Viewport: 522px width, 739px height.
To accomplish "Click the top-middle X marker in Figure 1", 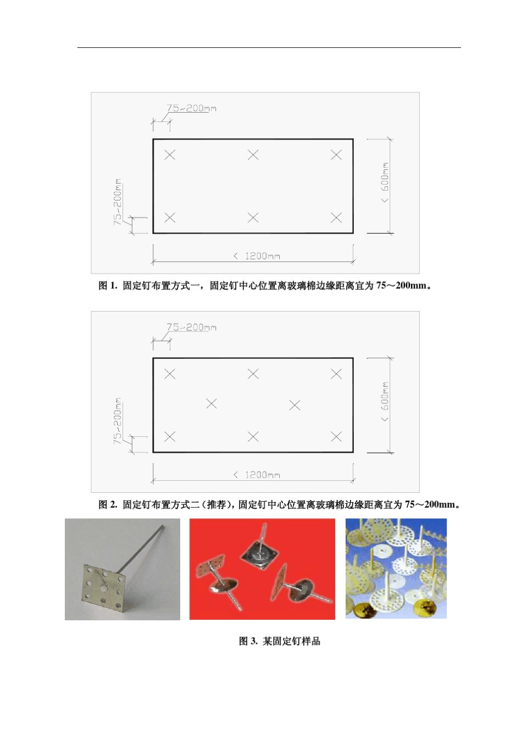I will tap(253, 155).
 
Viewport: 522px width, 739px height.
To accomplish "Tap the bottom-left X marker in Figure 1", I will tap(170, 218).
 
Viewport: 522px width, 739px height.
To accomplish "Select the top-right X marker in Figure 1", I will tap(336, 155).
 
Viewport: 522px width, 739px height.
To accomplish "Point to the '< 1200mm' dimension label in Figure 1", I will tap(257, 256).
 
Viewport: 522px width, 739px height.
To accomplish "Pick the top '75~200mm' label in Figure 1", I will tap(191, 108).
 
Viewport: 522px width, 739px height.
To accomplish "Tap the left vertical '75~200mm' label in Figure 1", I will tap(118, 202).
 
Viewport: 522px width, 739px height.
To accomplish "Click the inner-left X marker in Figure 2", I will tap(211, 404).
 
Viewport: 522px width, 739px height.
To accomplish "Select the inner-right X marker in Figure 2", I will tap(295, 405).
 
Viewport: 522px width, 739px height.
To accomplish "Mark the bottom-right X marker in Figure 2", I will tap(336, 437).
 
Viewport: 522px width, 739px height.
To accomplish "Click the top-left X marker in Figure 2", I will tap(170, 374).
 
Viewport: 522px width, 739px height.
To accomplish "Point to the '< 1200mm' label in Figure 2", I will tap(257, 475).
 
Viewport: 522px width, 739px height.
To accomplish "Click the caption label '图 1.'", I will tap(108, 286).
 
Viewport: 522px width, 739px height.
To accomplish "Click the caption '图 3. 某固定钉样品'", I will tap(279, 641).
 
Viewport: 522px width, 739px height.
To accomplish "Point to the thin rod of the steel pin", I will tap(144, 546).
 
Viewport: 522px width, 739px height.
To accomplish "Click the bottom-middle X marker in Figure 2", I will tap(253, 437).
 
